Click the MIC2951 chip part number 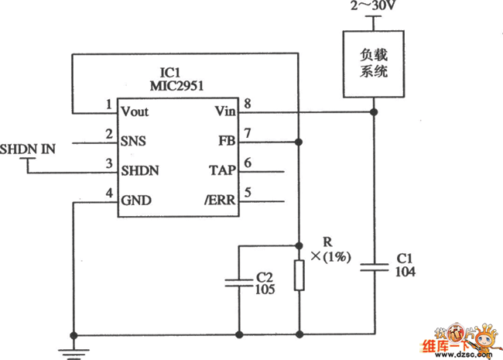[x=176, y=86]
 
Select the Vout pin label [x=135, y=111]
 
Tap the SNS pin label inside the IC [x=133, y=141]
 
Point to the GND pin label [x=136, y=201]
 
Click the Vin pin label [x=225, y=111]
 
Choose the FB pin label [x=227, y=141]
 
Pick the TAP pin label [x=223, y=170]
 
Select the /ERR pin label [x=221, y=201]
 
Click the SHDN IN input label [x=28, y=149]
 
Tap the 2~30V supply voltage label [x=373, y=5]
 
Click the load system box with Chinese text [x=374, y=64]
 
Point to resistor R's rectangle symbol [x=299, y=276]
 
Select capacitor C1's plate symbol [x=374, y=268]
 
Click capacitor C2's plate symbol [x=239, y=283]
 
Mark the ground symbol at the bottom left [x=74, y=354]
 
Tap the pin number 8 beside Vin [x=248, y=104]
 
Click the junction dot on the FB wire [x=299, y=142]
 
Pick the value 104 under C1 [x=405, y=272]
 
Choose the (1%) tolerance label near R [x=337, y=257]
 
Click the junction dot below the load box [x=374, y=112]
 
